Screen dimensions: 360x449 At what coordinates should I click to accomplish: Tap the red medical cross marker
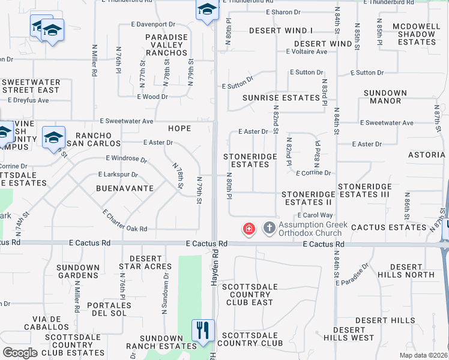(x=248, y=229)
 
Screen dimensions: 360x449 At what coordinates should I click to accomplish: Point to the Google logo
(x=20, y=352)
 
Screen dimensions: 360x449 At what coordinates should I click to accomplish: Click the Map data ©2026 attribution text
(x=423, y=355)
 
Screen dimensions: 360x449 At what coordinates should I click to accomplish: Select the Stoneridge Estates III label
(x=364, y=191)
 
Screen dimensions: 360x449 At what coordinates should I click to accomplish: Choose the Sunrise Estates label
(x=281, y=98)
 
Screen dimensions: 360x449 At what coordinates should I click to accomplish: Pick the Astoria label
(x=426, y=155)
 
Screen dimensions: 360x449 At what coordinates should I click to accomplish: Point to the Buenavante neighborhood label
(x=125, y=188)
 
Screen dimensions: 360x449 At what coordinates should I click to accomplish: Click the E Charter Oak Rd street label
(x=124, y=221)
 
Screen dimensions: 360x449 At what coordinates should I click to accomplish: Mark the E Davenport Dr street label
(x=153, y=25)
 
